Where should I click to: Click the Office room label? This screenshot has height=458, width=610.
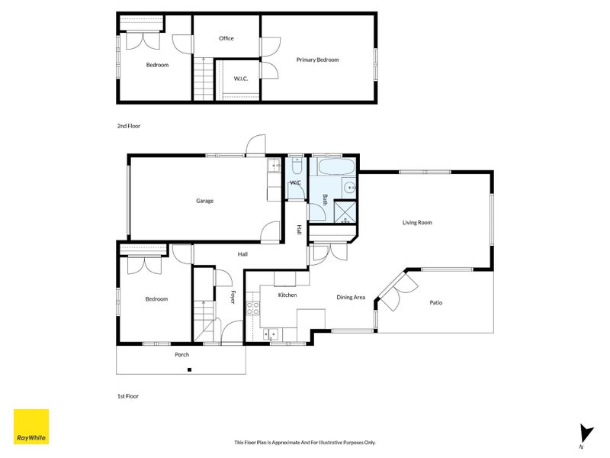point(226,38)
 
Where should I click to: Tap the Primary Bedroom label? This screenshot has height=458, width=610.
point(317,60)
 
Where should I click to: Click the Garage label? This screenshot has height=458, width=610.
point(204,201)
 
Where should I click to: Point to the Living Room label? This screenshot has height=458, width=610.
point(417,223)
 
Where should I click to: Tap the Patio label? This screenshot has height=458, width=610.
point(435,303)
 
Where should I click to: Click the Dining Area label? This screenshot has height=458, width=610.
point(351,297)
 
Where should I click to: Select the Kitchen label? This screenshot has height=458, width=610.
point(287,295)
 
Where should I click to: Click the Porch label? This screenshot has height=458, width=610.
point(181,354)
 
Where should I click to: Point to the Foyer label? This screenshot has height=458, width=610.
point(233,297)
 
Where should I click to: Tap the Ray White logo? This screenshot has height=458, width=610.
point(31,427)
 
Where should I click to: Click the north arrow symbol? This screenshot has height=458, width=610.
point(584,434)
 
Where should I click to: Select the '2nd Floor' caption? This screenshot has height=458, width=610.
point(128,126)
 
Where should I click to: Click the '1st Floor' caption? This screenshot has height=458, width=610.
point(128,396)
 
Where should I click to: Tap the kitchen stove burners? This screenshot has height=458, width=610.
point(252,309)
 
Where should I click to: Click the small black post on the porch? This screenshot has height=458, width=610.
point(189,370)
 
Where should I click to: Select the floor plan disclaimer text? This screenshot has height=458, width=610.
point(304,442)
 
